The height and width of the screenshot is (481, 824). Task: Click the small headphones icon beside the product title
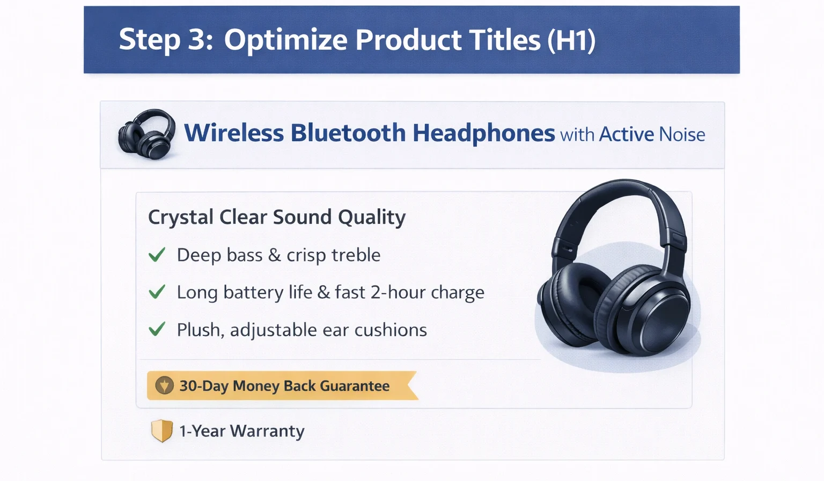[146, 134]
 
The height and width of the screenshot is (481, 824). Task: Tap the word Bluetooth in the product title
[348, 133]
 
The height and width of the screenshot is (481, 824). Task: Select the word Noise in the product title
[682, 134]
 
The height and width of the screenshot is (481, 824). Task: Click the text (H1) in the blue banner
[571, 40]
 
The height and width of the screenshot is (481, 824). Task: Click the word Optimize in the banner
[286, 41]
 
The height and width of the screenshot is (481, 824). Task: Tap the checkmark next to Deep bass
[157, 254]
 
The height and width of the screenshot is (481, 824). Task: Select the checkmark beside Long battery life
[157, 292]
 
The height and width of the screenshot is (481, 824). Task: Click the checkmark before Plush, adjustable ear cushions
[157, 329]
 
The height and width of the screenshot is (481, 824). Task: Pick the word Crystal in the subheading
[181, 217]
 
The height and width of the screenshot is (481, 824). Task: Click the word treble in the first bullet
[356, 255]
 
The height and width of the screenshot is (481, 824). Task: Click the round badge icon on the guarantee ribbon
[164, 385]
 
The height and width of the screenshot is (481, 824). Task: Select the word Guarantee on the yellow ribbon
[355, 386]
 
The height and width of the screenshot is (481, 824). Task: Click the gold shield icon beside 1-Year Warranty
[161, 431]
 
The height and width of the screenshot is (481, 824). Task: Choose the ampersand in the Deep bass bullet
[274, 255]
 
